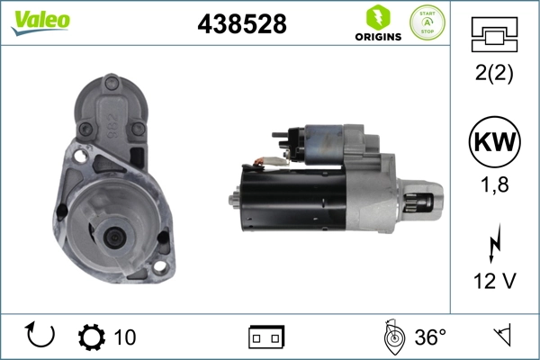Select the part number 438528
[241, 24]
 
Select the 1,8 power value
[493, 187]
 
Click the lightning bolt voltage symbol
[493, 244]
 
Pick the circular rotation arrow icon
[41, 336]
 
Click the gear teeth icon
[91, 337]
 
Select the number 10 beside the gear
[125, 337]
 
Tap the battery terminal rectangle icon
[266, 337]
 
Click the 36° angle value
[430, 337]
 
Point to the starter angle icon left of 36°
[391, 336]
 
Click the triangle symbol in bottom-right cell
[500, 336]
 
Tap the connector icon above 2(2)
[493, 37]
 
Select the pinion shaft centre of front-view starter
[115, 237]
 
